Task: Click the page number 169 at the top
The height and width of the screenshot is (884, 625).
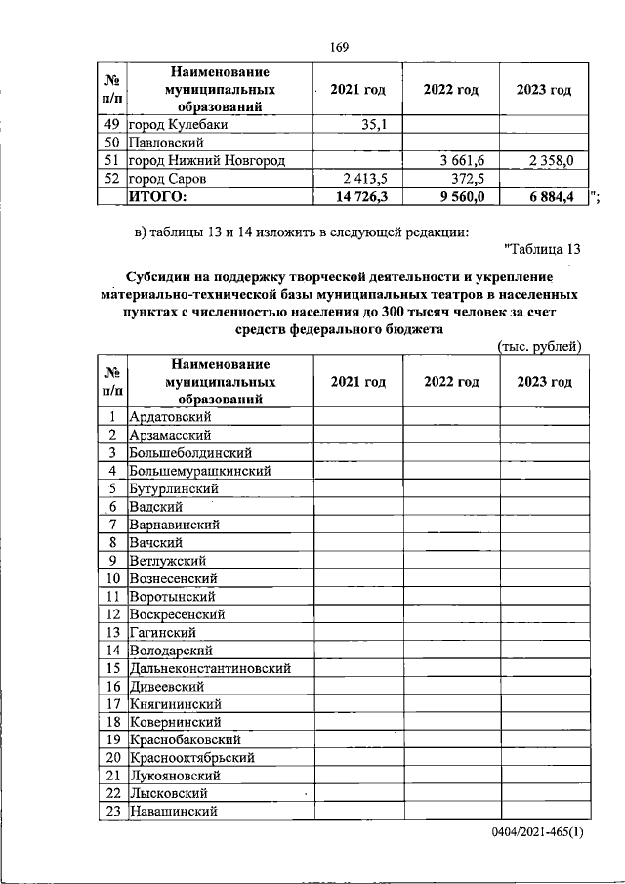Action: [340, 48]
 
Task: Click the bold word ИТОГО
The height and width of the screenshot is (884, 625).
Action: [158, 197]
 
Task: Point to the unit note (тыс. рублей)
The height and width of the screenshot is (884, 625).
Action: [539, 346]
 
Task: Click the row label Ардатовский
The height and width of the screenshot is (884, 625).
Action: [171, 417]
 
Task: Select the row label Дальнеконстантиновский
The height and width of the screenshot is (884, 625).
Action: [210, 668]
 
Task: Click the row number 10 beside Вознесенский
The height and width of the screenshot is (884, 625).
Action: [113, 578]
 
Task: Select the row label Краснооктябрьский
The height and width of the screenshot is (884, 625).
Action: [193, 757]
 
